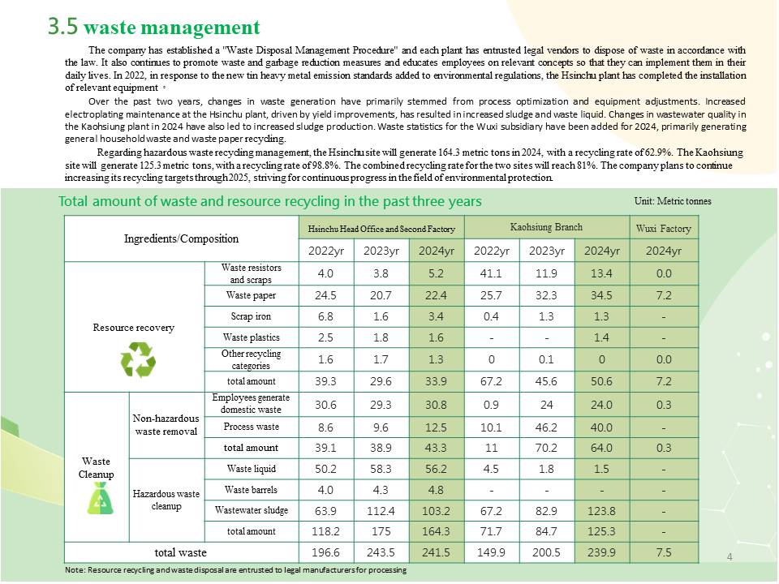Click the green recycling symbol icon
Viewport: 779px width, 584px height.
coord(138,359)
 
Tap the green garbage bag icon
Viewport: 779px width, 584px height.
coord(101,498)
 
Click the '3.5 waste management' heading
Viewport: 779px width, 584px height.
coord(154,26)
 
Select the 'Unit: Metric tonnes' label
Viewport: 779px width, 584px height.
coord(673,201)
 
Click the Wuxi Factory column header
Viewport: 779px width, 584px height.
coord(664,229)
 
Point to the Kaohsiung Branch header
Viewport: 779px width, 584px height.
coord(546,227)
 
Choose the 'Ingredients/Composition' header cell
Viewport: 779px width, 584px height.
coord(181,238)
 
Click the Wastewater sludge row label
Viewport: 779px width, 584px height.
coord(252,510)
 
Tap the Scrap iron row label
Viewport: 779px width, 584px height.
coord(251,316)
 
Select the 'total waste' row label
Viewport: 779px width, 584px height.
coord(180,552)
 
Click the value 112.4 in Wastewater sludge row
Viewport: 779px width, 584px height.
coord(381,511)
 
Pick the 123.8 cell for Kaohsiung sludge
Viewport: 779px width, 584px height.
coord(601,511)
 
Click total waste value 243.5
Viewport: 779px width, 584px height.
coord(381,552)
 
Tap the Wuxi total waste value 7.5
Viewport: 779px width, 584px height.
coord(664,552)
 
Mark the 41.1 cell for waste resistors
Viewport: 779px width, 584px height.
coord(492,273)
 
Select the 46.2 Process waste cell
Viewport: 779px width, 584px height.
coord(546,427)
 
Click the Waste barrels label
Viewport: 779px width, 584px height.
coord(251,490)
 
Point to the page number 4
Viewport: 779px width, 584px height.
coord(730,557)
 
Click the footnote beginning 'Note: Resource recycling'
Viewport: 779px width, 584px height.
coord(235,570)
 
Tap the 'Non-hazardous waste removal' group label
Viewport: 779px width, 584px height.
coord(166,424)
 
